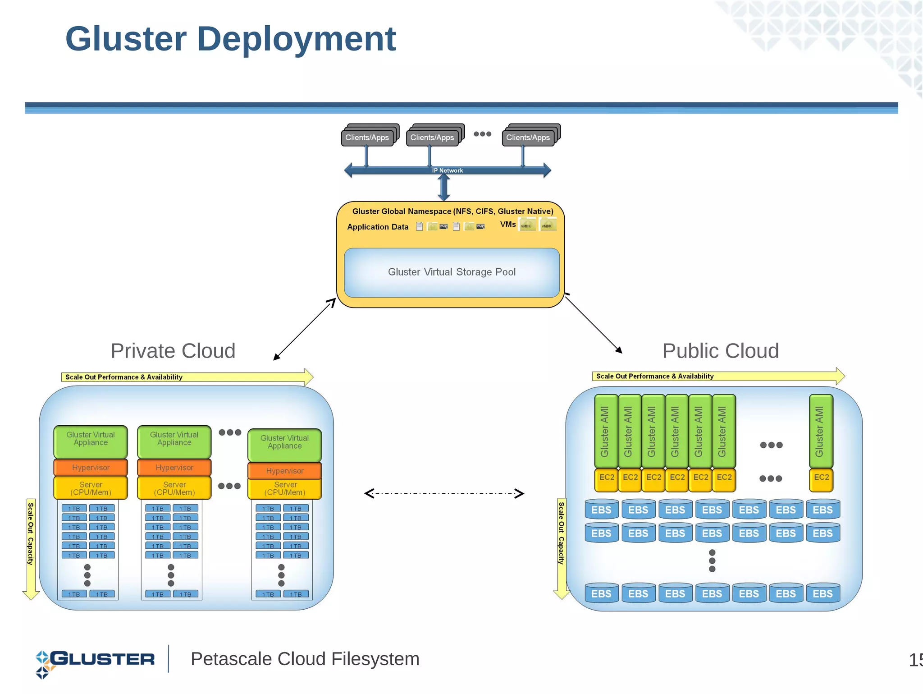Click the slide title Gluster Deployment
[x=230, y=39]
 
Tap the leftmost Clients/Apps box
[x=367, y=138]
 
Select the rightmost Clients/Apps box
[x=528, y=138]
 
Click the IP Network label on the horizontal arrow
[x=447, y=170]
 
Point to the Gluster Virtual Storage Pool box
[x=452, y=272]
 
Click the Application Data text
[x=378, y=227]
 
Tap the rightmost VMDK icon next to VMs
[x=547, y=225]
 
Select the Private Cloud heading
[x=173, y=351]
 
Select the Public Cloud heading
[x=720, y=351]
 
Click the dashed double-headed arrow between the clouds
[x=444, y=493]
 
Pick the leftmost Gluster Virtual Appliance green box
[x=91, y=441]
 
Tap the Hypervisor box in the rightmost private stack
[x=285, y=471]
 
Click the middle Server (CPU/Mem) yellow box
[x=174, y=488]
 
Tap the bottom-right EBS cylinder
[x=822, y=593]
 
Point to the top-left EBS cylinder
[x=601, y=510]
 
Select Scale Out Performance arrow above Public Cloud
[x=717, y=376]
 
